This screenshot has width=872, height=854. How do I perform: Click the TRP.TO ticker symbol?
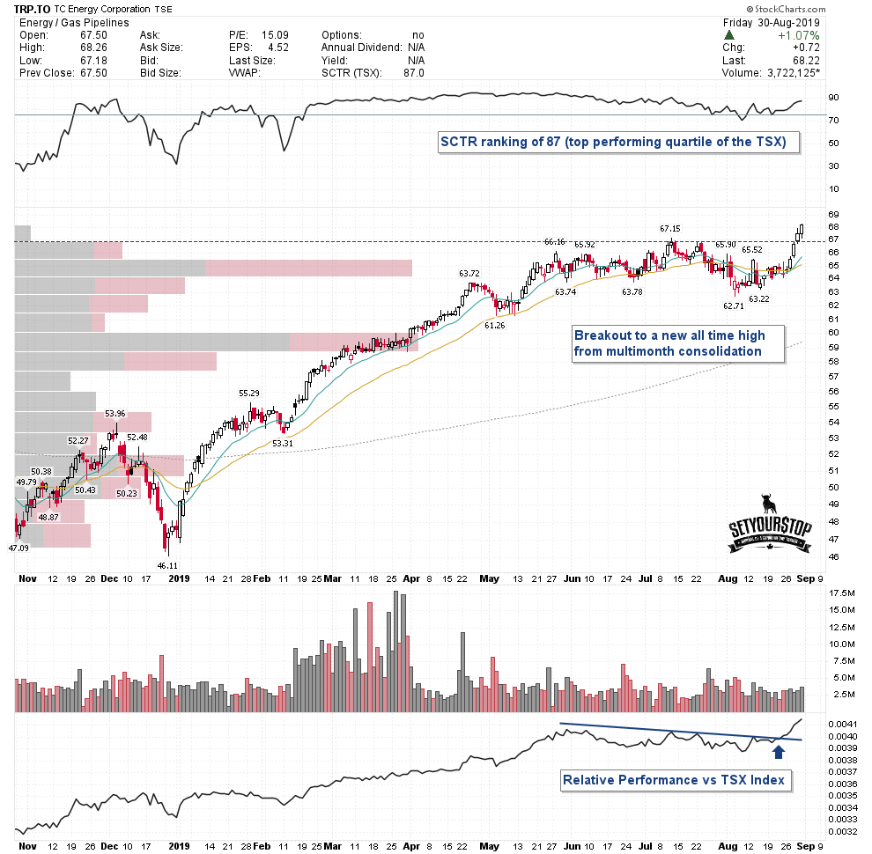point(32,9)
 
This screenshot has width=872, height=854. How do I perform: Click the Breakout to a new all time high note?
point(670,342)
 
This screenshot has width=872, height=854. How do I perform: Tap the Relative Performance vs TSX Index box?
point(675,779)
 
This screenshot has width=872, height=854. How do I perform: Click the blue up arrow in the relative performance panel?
point(779,751)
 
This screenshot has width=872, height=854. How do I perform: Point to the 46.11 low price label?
point(167,565)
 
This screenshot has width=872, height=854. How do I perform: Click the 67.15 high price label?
point(671,228)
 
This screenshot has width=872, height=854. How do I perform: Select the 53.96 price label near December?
point(115,412)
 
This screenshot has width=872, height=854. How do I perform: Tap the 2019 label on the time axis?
point(179,579)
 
